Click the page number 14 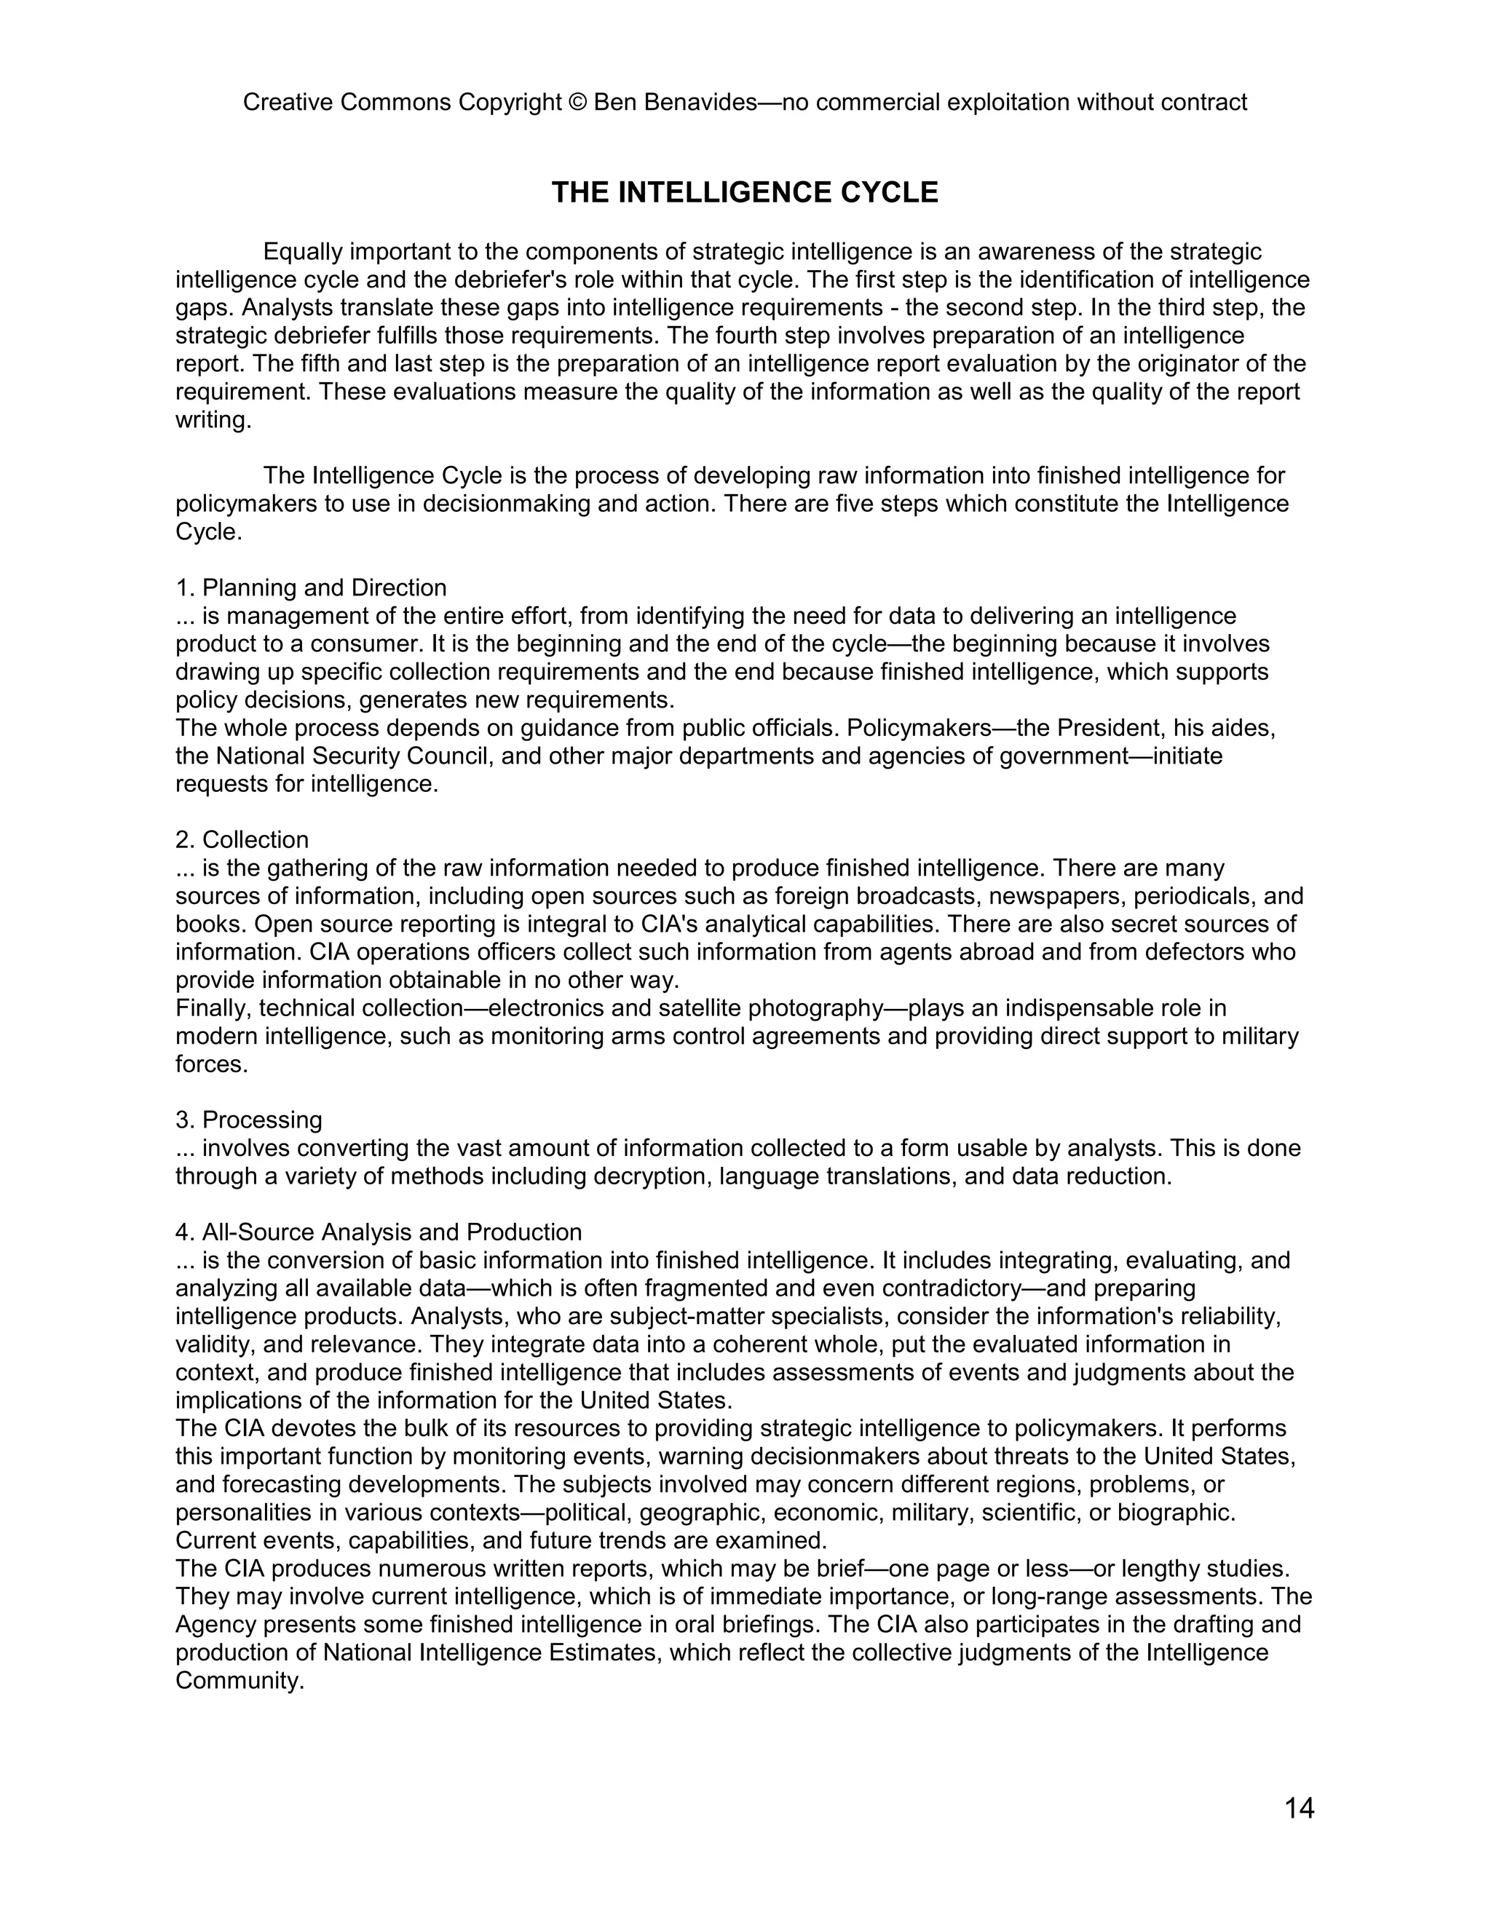coord(1300,1809)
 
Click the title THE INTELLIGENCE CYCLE coord(745,193)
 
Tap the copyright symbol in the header coord(577,103)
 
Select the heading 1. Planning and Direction coord(311,587)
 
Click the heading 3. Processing coord(249,1120)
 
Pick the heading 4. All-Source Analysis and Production coord(378,1232)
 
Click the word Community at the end coord(239,1681)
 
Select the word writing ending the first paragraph coord(212,421)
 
